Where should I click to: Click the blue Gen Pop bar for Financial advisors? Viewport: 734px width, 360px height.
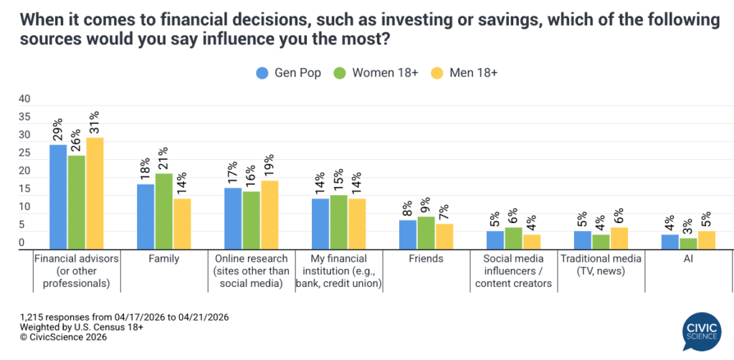pos(58,196)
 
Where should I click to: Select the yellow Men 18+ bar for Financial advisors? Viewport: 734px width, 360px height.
pos(95,193)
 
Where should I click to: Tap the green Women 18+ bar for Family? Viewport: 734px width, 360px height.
pos(164,211)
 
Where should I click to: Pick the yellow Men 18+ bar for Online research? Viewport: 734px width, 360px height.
pos(270,214)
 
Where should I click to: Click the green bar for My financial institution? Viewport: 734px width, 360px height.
pos(339,222)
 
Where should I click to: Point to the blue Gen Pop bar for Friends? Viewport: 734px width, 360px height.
pos(408,235)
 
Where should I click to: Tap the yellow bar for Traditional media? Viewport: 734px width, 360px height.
pos(619,238)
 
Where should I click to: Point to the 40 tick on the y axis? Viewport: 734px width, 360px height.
pos(24,99)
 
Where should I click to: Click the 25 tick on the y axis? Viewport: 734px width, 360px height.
pos(24,153)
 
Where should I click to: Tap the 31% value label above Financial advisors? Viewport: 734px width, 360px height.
pos(95,123)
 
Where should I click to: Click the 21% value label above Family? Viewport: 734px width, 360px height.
pos(164,159)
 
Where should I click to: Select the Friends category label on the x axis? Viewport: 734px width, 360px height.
pos(426,259)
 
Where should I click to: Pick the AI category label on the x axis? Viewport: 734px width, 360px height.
pos(689,259)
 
